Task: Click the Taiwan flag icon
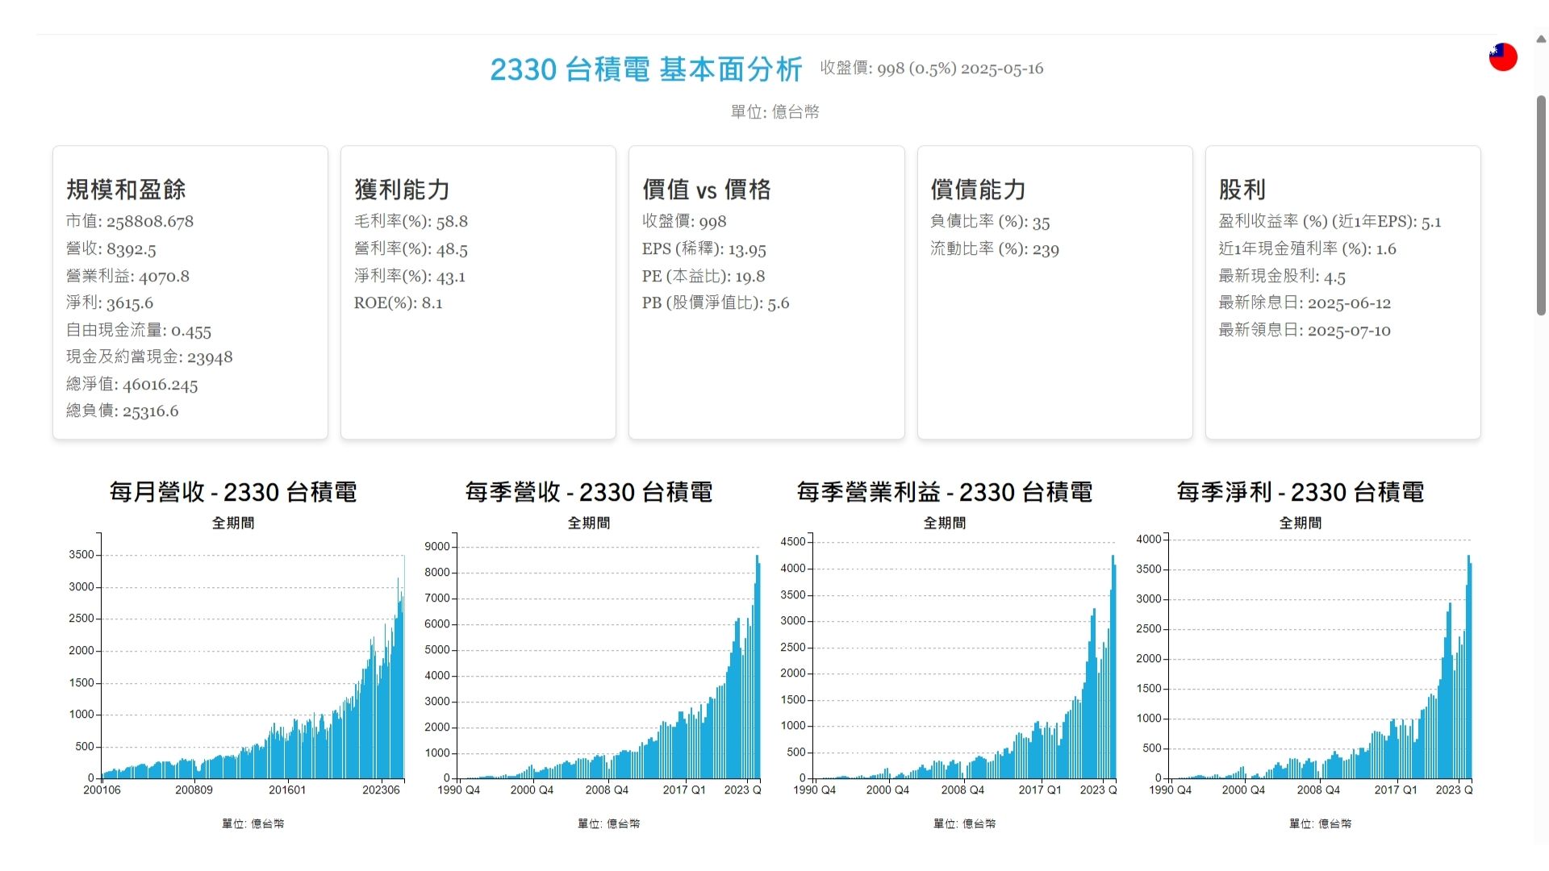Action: [x=1502, y=57]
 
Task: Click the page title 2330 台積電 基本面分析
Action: [x=645, y=69]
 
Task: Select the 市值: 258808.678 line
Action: [x=130, y=221]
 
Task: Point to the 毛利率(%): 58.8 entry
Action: [x=411, y=221]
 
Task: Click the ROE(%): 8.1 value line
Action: [x=398, y=303]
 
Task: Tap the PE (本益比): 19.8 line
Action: [x=703, y=276]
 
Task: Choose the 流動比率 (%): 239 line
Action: [x=994, y=248]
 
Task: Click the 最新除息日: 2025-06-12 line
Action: [x=1304, y=303]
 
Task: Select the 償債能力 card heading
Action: [x=978, y=190]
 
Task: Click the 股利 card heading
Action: [x=1242, y=190]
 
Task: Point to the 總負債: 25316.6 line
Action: [x=122, y=411]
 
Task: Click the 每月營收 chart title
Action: [x=233, y=492]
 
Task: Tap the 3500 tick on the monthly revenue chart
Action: [x=81, y=555]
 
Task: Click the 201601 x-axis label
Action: [x=287, y=790]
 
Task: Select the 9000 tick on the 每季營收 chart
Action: [x=437, y=547]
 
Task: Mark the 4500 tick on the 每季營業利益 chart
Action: [x=793, y=542]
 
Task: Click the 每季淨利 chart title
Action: [x=1300, y=492]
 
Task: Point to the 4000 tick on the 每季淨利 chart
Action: [x=1149, y=540]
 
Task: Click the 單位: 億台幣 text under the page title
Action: [x=774, y=112]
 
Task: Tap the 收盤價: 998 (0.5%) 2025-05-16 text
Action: [x=931, y=69]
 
